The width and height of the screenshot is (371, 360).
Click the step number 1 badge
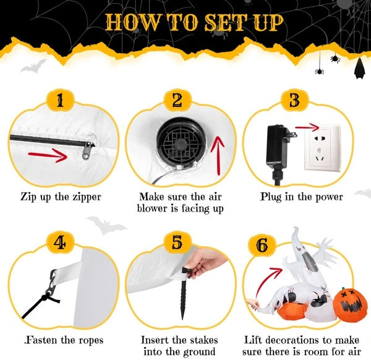[60, 100]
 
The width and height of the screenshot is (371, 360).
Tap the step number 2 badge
[177, 100]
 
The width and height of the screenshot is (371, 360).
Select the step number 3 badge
[294, 100]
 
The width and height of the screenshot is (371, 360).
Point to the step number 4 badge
[60, 243]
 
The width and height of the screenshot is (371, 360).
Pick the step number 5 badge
[177, 243]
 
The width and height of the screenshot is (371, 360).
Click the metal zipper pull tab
[89, 148]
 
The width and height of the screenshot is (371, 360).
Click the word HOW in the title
[129, 22]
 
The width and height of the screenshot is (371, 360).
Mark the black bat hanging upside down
[358, 68]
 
